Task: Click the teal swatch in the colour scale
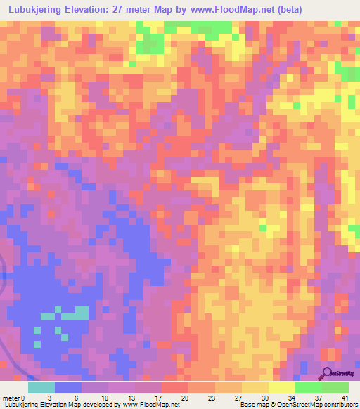click(41, 387)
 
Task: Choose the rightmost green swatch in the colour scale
click(335, 387)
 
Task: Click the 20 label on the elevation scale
click(185, 398)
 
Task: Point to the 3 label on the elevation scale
click(49, 398)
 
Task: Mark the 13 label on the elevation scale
click(130, 398)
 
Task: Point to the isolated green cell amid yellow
click(263, 227)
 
